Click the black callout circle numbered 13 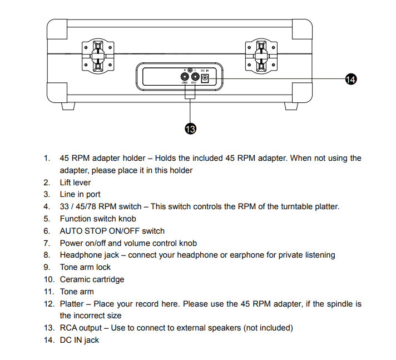pos(191,129)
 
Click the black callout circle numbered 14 pos(350,80)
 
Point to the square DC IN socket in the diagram pos(204,78)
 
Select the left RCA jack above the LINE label pos(184,77)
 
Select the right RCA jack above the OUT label pos(194,77)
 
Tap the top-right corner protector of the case pos(300,29)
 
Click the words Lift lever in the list pos(75,183)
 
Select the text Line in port pos(80,195)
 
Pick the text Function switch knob pos(98,219)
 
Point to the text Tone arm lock pos(85,267)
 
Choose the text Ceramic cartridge pos(92,279)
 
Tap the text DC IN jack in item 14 pos(79,340)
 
